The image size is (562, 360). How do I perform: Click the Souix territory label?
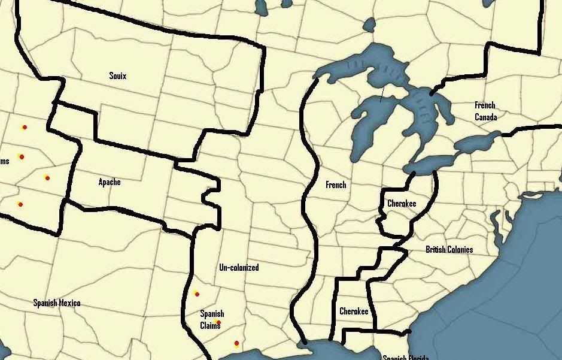(x=118, y=76)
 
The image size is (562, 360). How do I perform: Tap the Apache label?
(x=110, y=182)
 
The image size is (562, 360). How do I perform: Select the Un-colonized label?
(x=239, y=267)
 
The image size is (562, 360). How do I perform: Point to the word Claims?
(x=210, y=325)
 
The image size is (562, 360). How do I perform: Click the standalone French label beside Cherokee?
(x=336, y=184)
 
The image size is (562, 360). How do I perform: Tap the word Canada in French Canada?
(x=485, y=117)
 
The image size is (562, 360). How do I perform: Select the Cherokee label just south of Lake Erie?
(x=402, y=204)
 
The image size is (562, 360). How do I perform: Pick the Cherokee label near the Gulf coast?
(x=354, y=311)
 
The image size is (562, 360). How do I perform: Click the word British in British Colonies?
(x=437, y=249)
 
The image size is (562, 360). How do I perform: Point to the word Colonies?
(x=461, y=249)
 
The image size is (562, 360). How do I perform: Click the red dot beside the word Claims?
(x=218, y=323)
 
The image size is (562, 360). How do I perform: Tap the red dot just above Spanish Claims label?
(x=197, y=294)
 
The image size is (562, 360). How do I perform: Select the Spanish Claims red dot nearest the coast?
(x=237, y=343)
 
